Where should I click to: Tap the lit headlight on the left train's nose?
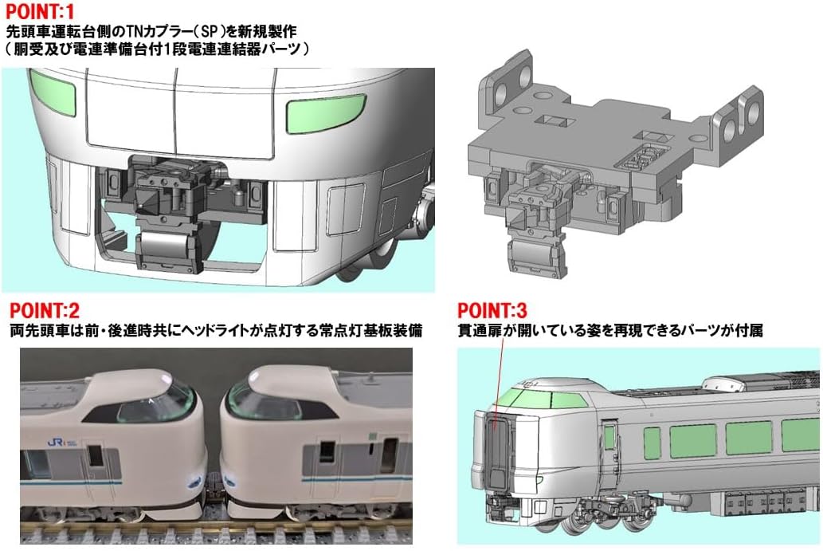(196, 479)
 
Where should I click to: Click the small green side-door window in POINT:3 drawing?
(609, 437)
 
